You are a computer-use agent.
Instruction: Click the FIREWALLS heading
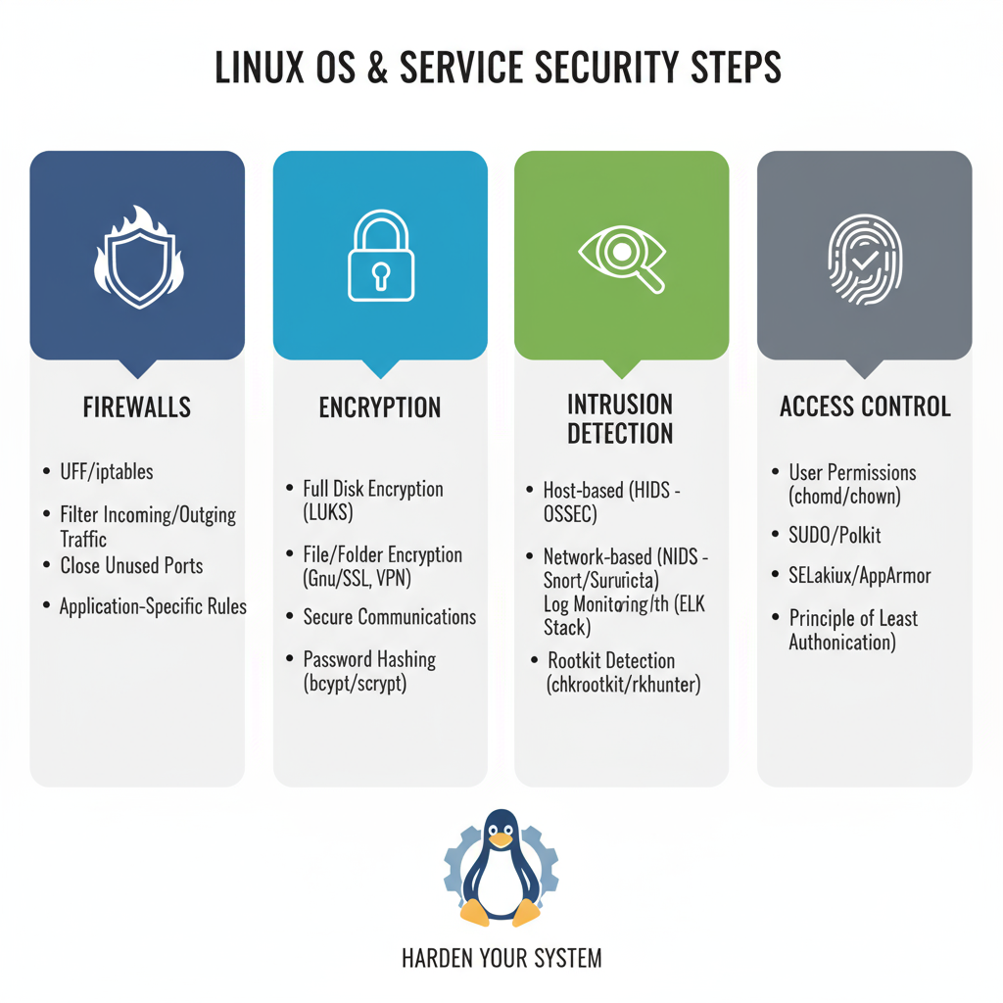(x=137, y=406)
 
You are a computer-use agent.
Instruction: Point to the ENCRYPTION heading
(x=380, y=406)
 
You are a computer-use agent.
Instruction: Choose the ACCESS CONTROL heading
(x=865, y=406)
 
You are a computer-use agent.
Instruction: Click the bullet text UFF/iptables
(x=107, y=472)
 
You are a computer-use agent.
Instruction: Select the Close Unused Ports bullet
(x=131, y=565)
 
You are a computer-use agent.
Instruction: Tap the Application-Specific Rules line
(x=153, y=606)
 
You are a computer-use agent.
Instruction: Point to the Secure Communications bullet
(x=390, y=617)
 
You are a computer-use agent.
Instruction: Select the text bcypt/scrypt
(x=355, y=683)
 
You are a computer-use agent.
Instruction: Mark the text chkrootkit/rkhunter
(x=623, y=685)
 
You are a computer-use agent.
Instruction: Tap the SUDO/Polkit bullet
(x=835, y=535)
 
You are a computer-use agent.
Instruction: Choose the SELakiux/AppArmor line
(x=859, y=575)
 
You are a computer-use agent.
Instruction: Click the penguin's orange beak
(x=501, y=839)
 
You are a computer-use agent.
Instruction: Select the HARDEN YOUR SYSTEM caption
(x=501, y=957)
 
